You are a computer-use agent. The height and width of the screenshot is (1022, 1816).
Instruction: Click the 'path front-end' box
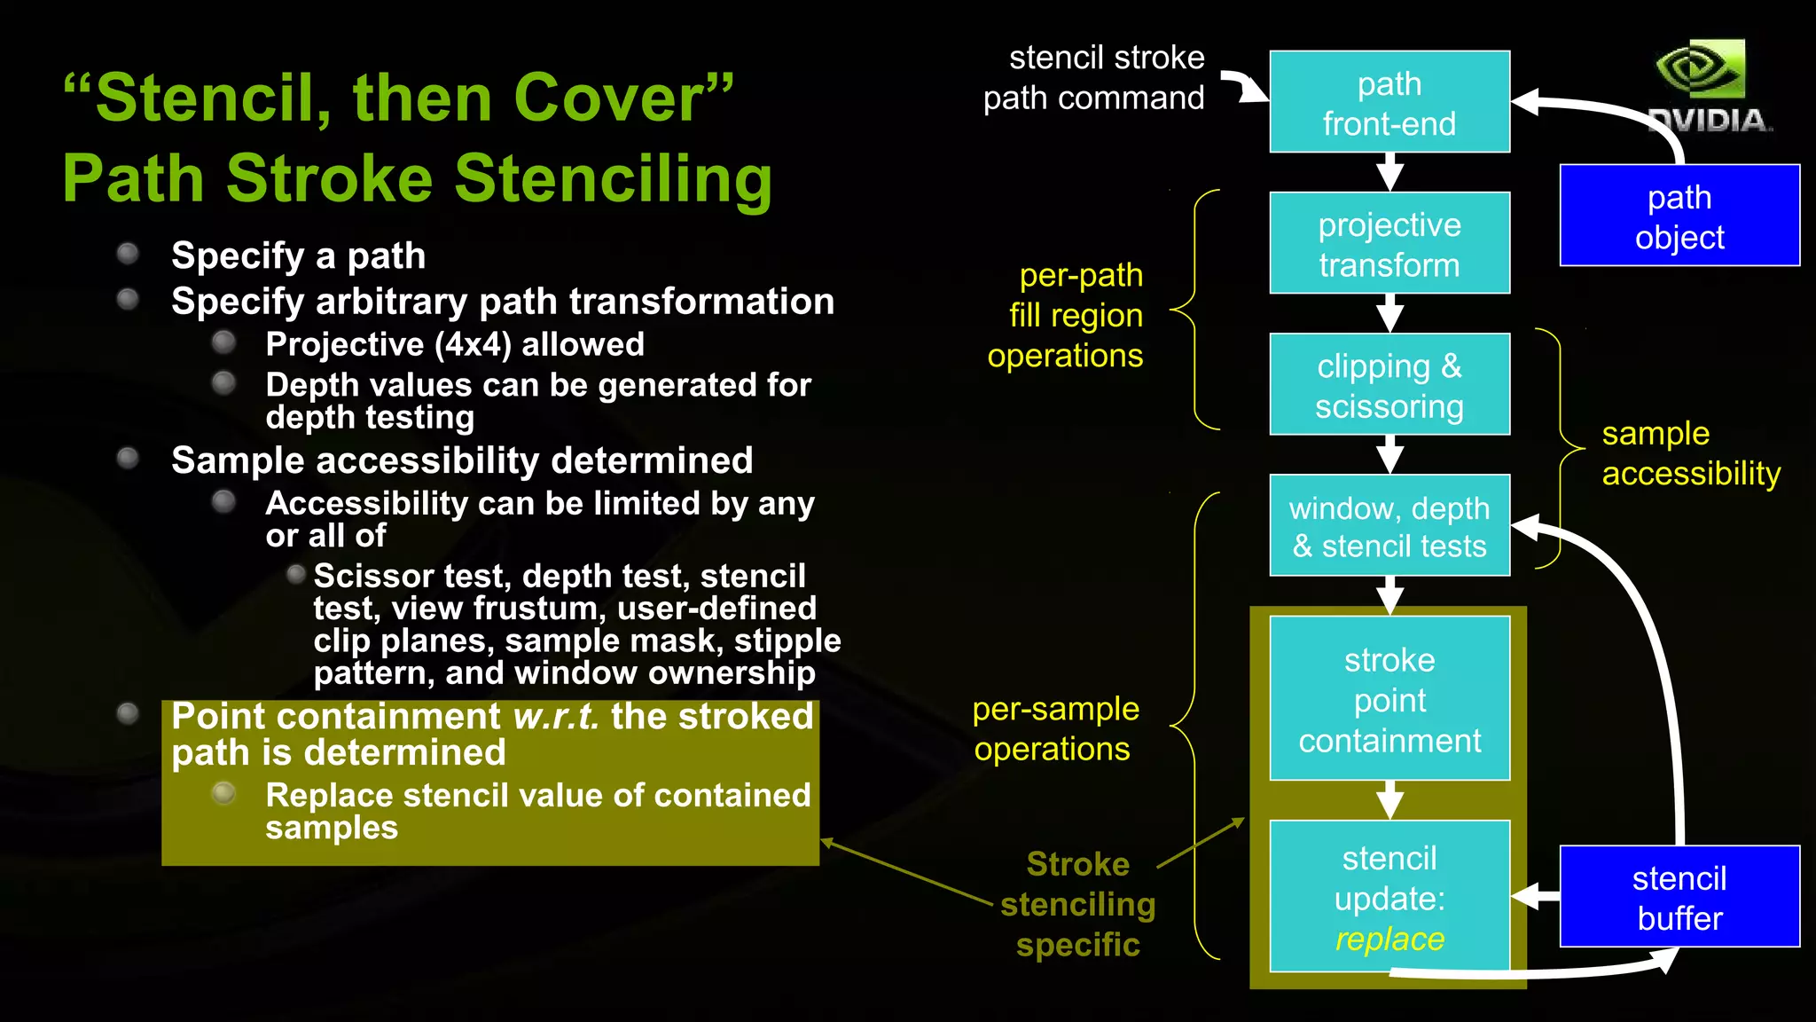coord(1389,102)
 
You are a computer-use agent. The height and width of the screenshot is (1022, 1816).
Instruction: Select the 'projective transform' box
coord(1389,243)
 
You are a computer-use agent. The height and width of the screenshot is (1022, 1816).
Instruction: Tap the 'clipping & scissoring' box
coord(1389,385)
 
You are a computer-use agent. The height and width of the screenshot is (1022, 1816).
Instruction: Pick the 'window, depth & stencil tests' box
coord(1389,526)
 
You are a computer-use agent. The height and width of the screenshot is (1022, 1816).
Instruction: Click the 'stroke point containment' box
coord(1389,699)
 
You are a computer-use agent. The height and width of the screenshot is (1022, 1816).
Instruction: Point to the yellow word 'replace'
coord(1389,939)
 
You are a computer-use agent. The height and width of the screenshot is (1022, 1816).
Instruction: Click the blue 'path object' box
coord(1679,216)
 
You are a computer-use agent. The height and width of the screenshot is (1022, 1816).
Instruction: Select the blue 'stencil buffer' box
coord(1679,897)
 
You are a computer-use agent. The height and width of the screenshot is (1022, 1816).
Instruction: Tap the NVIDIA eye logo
coord(1701,68)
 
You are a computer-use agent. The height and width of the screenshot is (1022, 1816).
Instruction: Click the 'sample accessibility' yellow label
coord(1690,453)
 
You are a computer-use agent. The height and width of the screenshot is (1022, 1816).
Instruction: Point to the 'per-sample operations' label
coord(1054,728)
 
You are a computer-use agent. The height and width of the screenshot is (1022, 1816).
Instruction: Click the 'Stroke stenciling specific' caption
coord(1077,904)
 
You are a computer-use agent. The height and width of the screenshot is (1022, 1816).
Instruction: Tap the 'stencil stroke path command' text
coord(1094,77)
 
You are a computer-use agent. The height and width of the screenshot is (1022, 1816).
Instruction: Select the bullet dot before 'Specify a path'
coord(129,255)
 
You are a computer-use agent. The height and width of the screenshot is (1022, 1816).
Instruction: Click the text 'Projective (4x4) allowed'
coord(455,344)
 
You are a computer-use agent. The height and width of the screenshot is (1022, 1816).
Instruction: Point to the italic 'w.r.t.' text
coord(556,716)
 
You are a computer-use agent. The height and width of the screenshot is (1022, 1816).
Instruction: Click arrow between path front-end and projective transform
coord(1389,172)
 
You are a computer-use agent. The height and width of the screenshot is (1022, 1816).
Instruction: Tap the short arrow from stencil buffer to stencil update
coord(1535,896)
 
